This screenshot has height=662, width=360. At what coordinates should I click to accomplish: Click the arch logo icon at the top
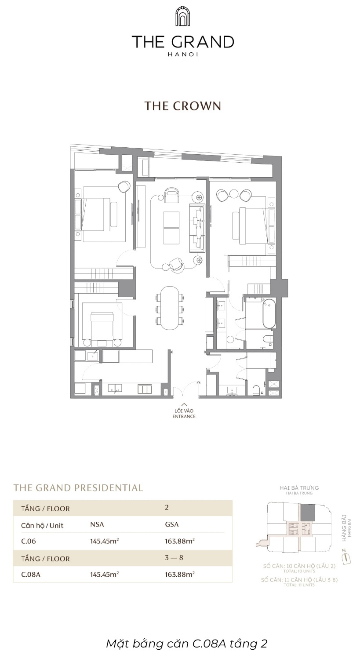pyautogui.click(x=182, y=17)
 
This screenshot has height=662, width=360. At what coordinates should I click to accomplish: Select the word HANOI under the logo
pyautogui.click(x=182, y=55)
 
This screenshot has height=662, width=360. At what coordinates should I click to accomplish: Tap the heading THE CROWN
pyautogui.click(x=182, y=106)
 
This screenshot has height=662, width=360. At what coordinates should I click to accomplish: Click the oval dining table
pyautogui.click(x=169, y=308)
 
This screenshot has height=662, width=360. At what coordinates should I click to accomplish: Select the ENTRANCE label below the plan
pyautogui.click(x=184, y=416)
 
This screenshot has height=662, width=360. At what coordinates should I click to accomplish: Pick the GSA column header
pyautogui.click(x=171, y=524)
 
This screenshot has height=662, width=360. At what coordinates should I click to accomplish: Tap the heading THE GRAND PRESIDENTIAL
pyautogui.click(x=78, y=487)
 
